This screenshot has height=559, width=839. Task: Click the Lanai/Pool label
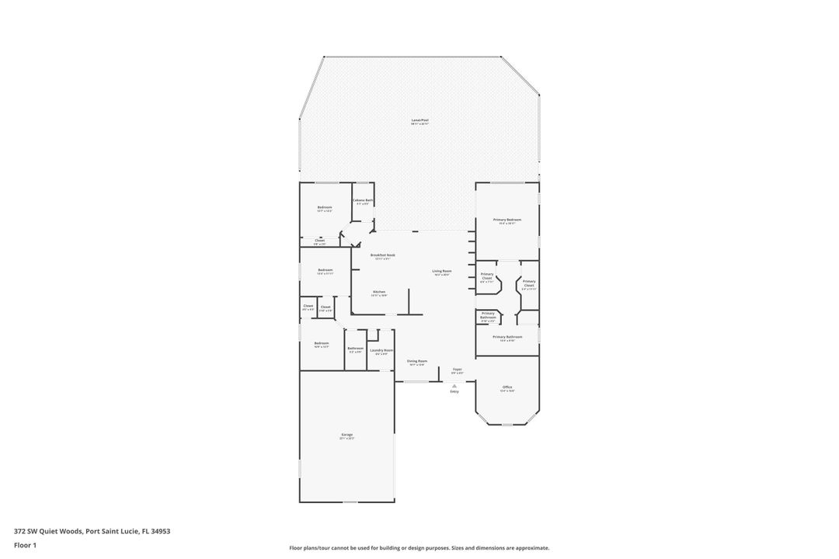click(x=419, y=120)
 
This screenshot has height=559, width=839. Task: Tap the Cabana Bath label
click(x=363, y=200)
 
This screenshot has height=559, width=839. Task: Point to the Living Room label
click(x=442, y=271)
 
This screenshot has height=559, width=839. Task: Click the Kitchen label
click(x=378, y=292)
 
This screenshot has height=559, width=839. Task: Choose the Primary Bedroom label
click(x=507, y=220)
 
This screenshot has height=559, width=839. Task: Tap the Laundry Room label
click(x=381, y=350)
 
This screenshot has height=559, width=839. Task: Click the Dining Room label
click(x=417, y=361)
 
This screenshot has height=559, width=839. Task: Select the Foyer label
click(x=458, y=369)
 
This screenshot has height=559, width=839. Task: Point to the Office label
click(x=507, y=387)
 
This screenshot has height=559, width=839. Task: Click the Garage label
click(x=346, y=435)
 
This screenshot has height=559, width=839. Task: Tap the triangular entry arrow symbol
click(x=454, y=385)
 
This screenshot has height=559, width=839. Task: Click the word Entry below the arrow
click(x=454, y=391)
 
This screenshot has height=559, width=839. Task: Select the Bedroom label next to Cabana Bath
click(x=325, y=207)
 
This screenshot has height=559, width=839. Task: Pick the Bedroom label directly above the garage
click(x=322, y=343)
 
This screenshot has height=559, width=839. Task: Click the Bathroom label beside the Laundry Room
click(x=356, y=348)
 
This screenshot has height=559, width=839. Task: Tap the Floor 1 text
click(x=25, y=545)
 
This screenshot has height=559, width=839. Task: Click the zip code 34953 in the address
click(x=161, y=532)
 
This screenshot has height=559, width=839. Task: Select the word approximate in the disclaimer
click(x=532, y=548)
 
